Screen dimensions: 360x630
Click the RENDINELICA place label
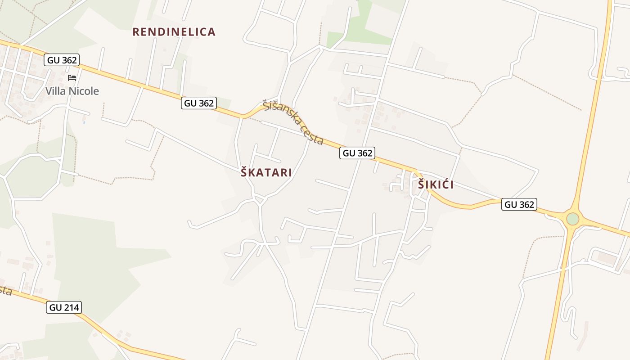[174, 32]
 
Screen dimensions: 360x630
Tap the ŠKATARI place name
[266, 172]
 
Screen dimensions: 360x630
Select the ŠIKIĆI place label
[436, 184]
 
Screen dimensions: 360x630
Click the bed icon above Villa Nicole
[72, 78]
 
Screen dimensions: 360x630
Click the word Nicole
[84, 91]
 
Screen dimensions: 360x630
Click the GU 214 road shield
[64, 308]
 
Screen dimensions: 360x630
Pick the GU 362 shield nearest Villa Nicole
[62, 60]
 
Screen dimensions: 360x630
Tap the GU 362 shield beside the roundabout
[520, 204]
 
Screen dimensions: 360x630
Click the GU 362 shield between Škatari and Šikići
[358, 153]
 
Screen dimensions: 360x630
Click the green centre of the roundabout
[572, 219]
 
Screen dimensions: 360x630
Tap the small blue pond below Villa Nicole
[84, 121]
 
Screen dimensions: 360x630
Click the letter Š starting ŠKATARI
[244, 172]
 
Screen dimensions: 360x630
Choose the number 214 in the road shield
[71, 308]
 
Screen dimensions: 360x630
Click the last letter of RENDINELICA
[211, 32]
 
